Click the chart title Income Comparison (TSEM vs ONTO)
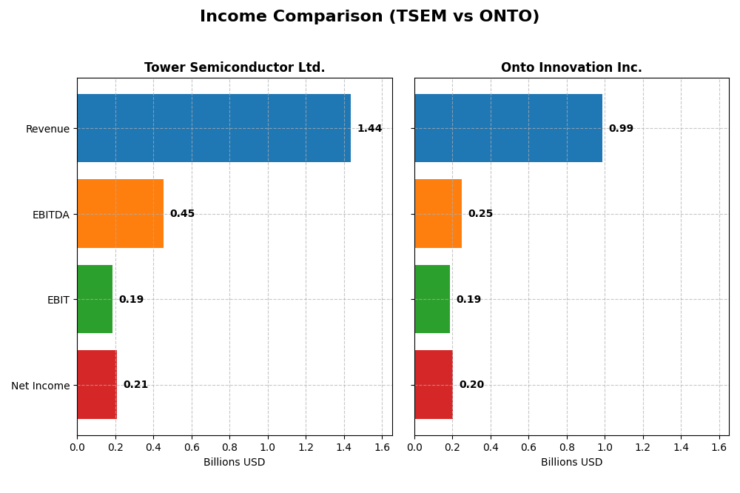369,16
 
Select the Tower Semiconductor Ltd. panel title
235,67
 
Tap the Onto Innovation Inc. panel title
571,67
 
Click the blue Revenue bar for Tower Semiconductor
214,128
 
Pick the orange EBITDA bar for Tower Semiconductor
120,214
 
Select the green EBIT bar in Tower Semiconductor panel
95,299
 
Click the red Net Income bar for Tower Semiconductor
97,385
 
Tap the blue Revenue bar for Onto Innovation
508,128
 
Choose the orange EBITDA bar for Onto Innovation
438,214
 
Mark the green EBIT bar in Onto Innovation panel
432,299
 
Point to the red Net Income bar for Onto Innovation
434,385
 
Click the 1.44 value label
369,129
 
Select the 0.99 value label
621,129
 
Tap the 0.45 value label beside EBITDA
182,214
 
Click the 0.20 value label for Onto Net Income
471,385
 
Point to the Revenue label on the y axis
47,129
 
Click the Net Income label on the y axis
41,386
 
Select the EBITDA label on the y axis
51,215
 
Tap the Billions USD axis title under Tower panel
234,463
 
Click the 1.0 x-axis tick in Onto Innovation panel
605,447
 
